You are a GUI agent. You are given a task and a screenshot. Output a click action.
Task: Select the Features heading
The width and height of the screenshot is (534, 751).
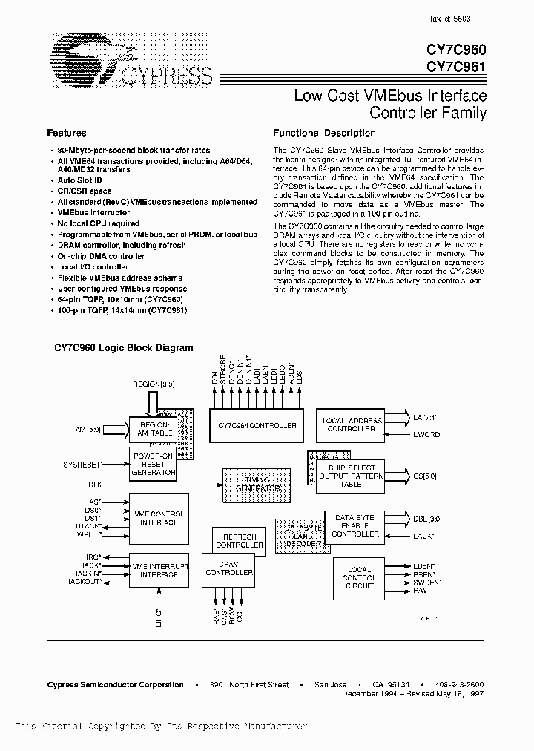pos(67,133)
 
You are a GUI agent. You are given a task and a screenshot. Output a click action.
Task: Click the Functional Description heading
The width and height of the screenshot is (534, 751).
pos(324,133)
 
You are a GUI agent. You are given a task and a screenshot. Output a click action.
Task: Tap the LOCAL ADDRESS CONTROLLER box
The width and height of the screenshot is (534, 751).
pos(352,425)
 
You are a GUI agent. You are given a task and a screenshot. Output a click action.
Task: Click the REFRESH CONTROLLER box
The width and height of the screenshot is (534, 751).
pos(239,540)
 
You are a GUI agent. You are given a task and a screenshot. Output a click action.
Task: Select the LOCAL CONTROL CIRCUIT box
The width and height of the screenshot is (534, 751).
pos(359,577)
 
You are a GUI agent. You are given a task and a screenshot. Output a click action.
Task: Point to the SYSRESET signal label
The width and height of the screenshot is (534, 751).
pos(82,464)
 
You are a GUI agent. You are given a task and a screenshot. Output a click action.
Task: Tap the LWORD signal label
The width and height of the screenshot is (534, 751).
pos(426,434)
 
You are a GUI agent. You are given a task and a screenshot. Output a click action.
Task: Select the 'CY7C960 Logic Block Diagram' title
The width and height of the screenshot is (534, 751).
pos(124,347)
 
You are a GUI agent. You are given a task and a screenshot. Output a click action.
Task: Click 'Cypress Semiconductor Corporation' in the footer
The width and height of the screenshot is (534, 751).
pos(115,685)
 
